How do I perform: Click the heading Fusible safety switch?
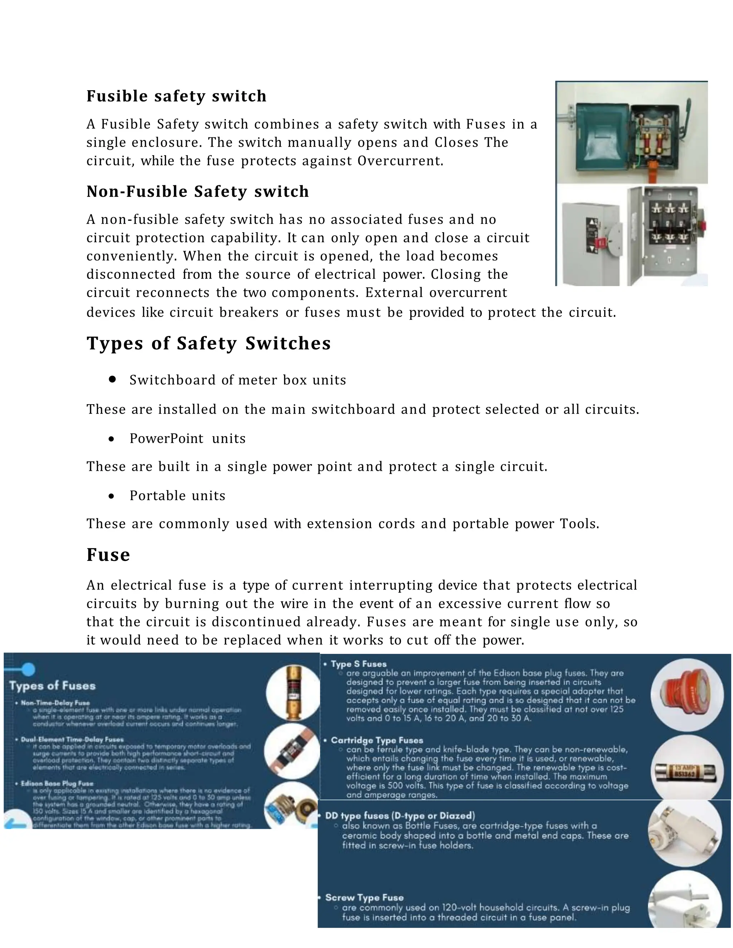[176, 96]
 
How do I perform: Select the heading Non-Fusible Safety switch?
[198, 191]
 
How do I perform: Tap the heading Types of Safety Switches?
[208, 343]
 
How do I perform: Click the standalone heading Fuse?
[108, 555]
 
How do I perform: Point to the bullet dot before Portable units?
[112, 496]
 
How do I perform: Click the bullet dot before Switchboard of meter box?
[112, 379]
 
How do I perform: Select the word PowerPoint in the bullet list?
[166, 439]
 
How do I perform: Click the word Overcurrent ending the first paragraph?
[400, 161]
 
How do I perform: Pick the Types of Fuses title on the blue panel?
[53, 686]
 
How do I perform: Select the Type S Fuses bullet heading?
[358, 664]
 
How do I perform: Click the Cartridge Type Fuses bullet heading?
[377, 740]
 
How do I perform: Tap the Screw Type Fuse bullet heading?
[364, 897]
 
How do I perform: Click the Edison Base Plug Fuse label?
[57, 783]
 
